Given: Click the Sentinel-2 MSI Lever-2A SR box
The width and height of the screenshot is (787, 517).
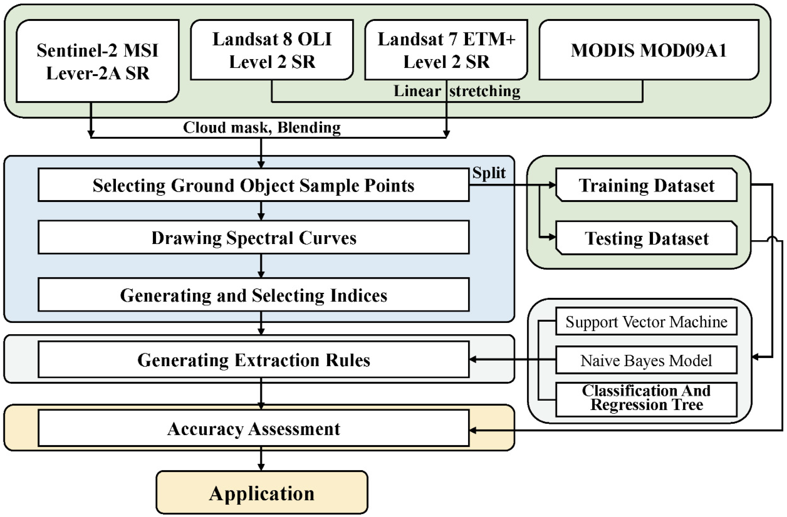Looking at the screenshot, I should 97,61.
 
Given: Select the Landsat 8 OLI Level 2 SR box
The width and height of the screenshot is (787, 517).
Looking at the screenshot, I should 272,50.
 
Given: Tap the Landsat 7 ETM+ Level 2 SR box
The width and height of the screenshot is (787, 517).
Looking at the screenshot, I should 446,50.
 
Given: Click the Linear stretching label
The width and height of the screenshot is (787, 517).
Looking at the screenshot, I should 457,91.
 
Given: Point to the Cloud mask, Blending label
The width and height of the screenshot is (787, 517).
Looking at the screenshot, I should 262,127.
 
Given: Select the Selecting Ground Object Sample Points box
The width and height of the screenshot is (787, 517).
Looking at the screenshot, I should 253,185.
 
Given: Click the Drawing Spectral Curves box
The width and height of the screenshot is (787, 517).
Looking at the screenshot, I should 253,238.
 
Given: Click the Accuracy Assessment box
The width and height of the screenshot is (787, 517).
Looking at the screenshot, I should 253,429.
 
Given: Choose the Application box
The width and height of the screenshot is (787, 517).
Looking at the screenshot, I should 262,493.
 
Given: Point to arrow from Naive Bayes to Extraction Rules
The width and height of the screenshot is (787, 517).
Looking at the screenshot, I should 512,359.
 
